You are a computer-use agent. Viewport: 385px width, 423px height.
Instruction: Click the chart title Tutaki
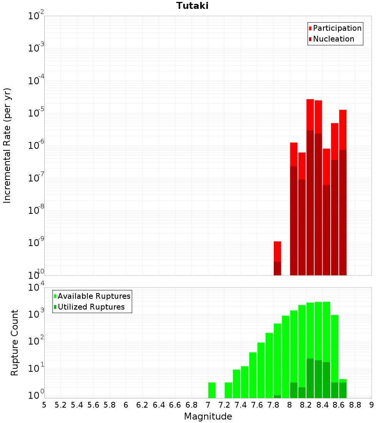192,6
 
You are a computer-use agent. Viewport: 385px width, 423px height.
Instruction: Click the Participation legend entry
337,28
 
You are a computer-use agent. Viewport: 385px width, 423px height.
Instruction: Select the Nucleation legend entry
333,39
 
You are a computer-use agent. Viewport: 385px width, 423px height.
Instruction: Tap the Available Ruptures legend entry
94,296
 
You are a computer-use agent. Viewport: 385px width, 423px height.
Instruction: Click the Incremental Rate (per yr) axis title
8,145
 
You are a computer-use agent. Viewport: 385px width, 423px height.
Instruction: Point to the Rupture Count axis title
15,343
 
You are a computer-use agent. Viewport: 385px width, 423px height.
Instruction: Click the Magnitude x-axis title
208,416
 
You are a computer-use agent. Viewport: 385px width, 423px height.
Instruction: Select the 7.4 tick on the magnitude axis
241,405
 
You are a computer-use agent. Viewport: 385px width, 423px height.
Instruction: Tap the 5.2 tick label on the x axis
60,405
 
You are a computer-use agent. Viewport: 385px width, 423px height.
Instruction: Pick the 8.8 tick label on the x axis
355,405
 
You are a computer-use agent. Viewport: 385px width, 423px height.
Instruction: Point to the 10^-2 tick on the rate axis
36,16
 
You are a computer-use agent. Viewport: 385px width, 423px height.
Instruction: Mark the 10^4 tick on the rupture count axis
36,288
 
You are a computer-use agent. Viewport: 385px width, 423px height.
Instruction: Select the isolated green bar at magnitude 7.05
212,390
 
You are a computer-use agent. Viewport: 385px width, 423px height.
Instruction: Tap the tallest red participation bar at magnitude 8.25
310,115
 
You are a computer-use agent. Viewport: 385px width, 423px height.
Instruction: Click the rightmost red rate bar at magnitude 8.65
343,131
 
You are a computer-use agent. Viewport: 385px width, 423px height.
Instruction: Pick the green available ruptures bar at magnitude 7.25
228,390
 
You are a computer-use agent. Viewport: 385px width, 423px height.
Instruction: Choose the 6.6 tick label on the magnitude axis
175,405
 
